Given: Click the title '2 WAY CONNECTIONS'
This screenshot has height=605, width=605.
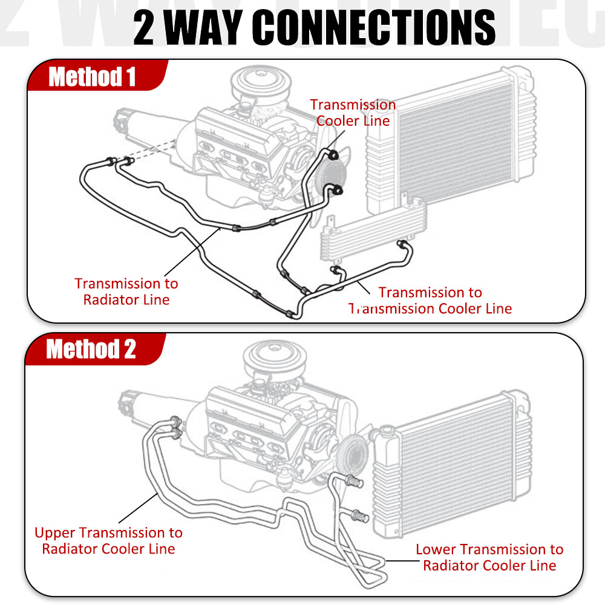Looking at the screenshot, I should [314, 27].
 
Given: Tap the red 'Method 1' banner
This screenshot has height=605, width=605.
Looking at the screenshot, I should [92, 77].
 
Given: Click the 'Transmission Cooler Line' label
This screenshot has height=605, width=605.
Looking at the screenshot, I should [353, 113].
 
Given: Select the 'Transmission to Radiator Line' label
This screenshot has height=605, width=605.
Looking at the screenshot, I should [126, 291].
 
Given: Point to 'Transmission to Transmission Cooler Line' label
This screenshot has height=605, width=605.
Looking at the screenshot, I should [431, 301].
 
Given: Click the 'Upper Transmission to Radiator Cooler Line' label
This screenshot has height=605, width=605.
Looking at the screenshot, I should [109, 541].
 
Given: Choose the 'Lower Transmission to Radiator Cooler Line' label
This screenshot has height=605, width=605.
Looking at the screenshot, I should [489, 557].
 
